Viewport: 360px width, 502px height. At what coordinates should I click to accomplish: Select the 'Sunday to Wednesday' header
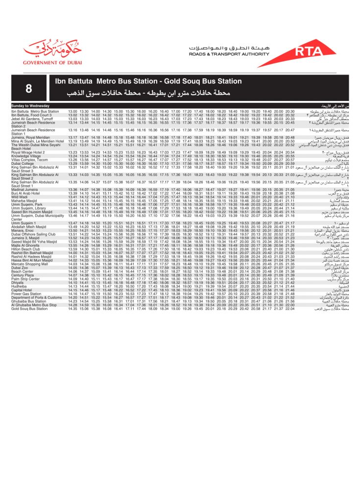click(x=30, y=106)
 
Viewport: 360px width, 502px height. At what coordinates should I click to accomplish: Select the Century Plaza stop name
click(x=23, y=275)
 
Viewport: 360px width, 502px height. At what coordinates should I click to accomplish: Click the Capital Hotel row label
click(x=22, y=290)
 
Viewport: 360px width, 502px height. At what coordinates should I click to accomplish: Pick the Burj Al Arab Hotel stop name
click(x=26, y=193)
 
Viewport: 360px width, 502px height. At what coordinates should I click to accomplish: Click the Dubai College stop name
click(x=22, y=149)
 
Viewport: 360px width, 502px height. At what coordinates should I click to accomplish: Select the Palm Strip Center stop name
click(x=26, y=279)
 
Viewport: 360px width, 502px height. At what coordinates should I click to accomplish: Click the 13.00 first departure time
click(x=72, y=112)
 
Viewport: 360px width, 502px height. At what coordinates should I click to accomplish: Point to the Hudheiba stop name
click(x=20, y=286)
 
